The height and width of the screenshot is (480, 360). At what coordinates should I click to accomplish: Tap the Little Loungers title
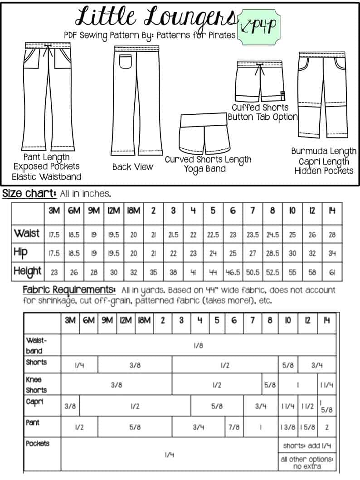coord(157,17)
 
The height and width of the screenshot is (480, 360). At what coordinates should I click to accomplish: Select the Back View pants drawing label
coord(133,167)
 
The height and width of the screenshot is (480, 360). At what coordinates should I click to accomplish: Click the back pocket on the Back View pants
coord(125,61)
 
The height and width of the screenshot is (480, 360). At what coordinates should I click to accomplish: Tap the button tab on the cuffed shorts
coord(282,95)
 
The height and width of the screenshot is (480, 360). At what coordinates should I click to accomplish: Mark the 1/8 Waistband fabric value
coord(198,345)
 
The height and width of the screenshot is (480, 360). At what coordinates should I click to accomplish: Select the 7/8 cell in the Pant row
coord(234,427)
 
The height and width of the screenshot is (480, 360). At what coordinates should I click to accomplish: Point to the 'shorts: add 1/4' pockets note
coord(307,446)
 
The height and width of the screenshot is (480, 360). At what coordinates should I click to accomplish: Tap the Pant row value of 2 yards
coord(327,427)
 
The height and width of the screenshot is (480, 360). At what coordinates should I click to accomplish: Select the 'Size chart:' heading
coord(29,193)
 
